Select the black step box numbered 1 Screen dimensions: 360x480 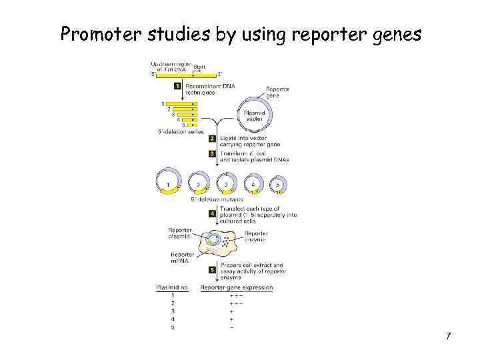point(177,86)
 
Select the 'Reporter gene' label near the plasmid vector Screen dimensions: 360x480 point(277,92)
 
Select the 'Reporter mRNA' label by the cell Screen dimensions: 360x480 point(182,257)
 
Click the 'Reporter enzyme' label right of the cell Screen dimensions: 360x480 point(256,237)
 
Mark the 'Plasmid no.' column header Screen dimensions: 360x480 point(173,287)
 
